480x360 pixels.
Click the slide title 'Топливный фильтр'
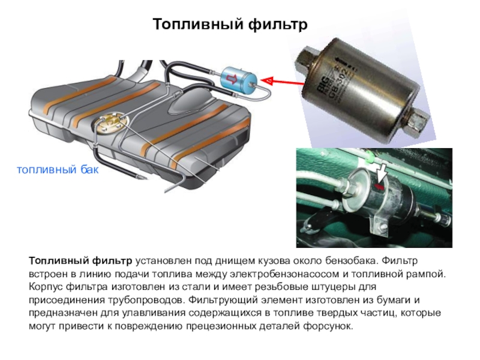[x=230, y=25]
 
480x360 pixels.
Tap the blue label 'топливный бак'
[x=58, y=169]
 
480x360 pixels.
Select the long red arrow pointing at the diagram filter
[x=283, y=82]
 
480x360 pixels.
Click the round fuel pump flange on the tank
[x=110, y=122]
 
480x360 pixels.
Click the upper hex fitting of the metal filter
[x=309, y=58]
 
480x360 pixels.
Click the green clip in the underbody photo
[x=370, y=156]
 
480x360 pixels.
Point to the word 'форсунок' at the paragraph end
[x=328, y=326]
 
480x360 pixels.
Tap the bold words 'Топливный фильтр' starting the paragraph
[x=80, y=261]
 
